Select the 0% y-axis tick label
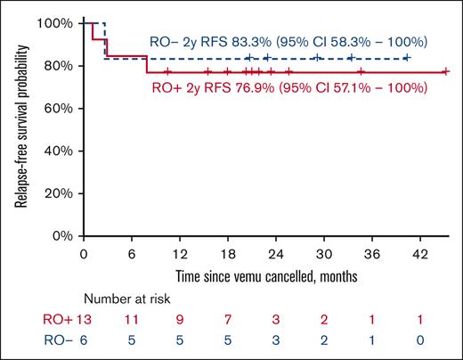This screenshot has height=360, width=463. tap(61, 236)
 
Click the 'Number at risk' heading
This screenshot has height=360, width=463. tap(126, 301)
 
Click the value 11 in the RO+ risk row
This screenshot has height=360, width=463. tap(131, 321)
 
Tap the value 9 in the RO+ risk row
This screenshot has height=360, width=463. tap(180, 321)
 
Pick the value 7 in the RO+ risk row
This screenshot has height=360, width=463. tap(228, 321)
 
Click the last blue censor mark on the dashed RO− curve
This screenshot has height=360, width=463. tap(407, 58)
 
